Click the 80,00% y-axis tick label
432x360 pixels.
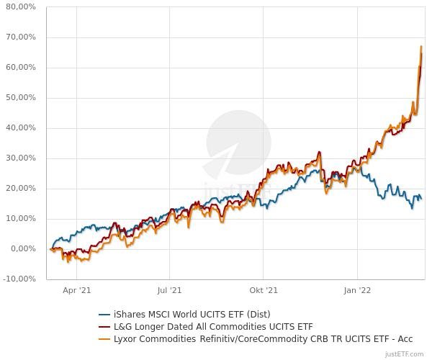coord(21,7)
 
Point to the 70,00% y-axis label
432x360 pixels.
coord(21,37)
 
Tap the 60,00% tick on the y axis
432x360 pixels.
coord(21,68)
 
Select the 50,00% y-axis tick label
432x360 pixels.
coord(21,98)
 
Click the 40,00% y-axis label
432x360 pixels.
coord(21,128)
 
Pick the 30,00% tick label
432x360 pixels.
coord(21,158)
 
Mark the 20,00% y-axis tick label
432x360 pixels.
coord(21,189)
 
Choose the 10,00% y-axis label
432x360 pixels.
coord(21,219)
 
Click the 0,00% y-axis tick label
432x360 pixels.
coord(23,249)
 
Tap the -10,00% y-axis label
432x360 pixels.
coord(19,279)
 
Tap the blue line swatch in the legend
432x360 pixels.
coord(104,315)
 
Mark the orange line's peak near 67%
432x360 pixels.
coord(421,47)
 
